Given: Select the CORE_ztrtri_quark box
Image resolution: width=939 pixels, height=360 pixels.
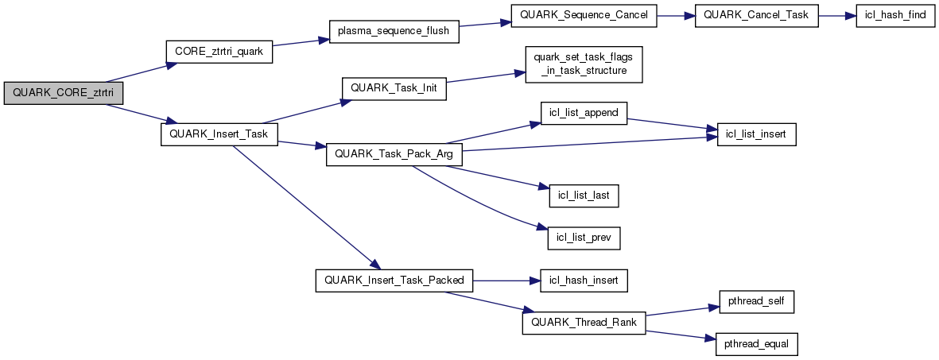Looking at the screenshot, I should (219, 51).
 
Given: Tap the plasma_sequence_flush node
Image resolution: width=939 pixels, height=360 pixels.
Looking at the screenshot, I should (394, 31).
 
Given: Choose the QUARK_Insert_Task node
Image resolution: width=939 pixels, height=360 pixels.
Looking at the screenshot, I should (219, 134).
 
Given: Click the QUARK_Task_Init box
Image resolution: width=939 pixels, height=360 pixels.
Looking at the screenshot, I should (394, 88).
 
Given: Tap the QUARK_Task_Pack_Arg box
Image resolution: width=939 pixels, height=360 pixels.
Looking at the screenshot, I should (394, 154).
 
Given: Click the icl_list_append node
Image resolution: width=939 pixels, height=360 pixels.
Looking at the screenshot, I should (584, 112).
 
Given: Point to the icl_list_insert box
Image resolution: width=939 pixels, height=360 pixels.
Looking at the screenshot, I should (756, 134).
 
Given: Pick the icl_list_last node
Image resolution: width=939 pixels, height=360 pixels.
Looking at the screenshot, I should (584, 195).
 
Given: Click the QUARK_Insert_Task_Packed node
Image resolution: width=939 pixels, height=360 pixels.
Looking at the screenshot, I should (394, 280).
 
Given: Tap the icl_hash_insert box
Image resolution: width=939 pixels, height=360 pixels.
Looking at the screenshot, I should (584, 280).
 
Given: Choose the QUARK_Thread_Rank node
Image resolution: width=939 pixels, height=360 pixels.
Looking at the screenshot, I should (584, 323).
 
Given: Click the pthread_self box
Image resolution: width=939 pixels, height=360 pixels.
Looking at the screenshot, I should (756, 302).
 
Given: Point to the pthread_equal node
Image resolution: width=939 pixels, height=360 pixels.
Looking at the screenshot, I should (756, 344).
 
